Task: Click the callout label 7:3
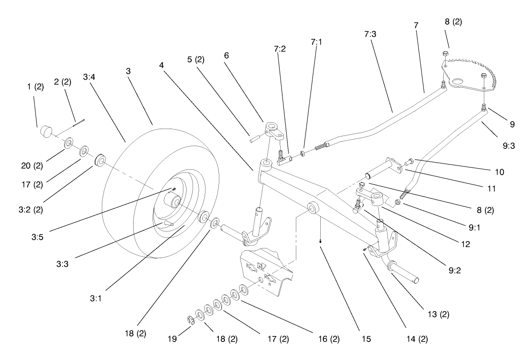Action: tap(370, 35)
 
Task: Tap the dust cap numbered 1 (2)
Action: tap(45, 131)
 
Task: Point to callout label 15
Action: tap(366, 339)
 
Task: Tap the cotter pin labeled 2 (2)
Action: tap(79, 123)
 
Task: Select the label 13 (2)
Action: tap(438, 315)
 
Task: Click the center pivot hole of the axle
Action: tap(312, 208)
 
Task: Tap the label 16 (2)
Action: tap(329, 339)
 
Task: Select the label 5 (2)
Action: tap(196, 59)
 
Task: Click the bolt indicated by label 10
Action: tap(409, 162)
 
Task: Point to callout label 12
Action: tap(465, 245)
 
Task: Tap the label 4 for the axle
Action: tap(161, 65)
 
